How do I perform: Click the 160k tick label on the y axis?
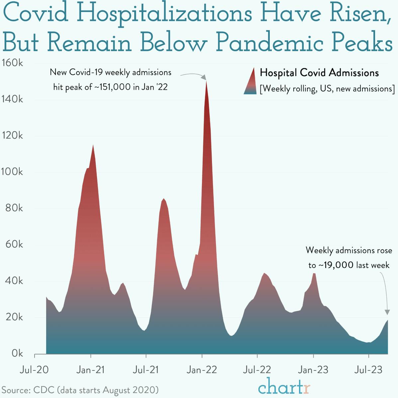[x=12, y=63]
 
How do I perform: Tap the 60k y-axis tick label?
[x=14, y=245]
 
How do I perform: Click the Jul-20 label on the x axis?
[x=34, y=370]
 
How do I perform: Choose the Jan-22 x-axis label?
[x=202, y=370]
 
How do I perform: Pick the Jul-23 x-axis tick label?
[x=368, y=370]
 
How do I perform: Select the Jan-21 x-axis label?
[x=90, y=370]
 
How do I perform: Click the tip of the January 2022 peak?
[x=206, y=81]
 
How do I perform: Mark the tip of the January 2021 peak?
[x=93, y=145]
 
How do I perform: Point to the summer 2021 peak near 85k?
[x=163, y=199]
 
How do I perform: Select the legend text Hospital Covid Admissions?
[x=319, y=73]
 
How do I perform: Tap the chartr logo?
[x=284, y=387]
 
